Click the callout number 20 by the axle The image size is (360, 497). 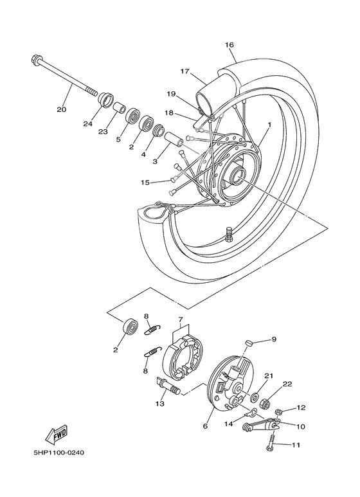pyautogui.click(x=62, y=109)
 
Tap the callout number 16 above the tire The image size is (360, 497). pyautogui.click(x=230, y=44)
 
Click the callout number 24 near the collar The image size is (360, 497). pyautogui.click(x=88, y=123)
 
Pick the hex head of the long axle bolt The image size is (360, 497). pyautogui.click(x=36, y=62)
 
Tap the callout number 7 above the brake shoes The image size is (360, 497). pyautogui.click(x=181, y=320)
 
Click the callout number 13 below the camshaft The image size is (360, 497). pyautogui.click(x=159, y=404)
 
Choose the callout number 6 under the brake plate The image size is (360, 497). pyautogui.click(x=206, y=426)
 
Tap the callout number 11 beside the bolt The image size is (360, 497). pyautogui.click(x=296, y=445)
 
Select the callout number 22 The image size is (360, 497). pyautogui.click(x=287, y=384)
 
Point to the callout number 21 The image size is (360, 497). pyautogui.click(x=269, y=375)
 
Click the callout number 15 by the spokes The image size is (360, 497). pyautogui.click(x=146, y=183)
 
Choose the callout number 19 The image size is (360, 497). pyautogui.click(x=171, y=94)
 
